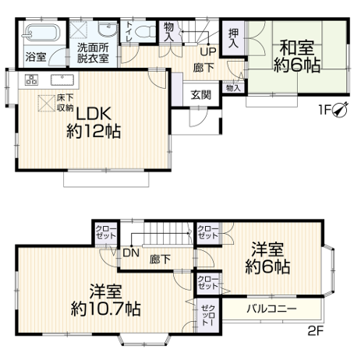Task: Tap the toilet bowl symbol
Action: [x=145, y=32]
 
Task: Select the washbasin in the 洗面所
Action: [x=108, y=30]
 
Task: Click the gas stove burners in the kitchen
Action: [x=31, y=79]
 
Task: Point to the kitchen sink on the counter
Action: [x=62, y=79]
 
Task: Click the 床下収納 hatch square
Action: [x=47, y=103]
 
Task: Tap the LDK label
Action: [x=94, y=114]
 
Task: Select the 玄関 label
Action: [x=201, y=95]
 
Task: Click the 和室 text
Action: [x=297, y=48]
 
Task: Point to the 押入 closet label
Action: [x=233, y=38]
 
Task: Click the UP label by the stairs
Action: [x=208, y=52]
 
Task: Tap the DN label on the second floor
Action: [x=131, y=253]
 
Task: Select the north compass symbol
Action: [x=340, y=110]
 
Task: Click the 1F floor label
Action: [x=324, y=111]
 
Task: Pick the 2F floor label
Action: [x=315, y=331]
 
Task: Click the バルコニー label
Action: [x=271, y=309]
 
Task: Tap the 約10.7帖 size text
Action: [x=105, y=309]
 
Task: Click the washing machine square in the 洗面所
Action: [x=80, y=30]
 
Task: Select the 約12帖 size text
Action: [x=94, y=131]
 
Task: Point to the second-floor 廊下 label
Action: [x=160, y=259]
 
